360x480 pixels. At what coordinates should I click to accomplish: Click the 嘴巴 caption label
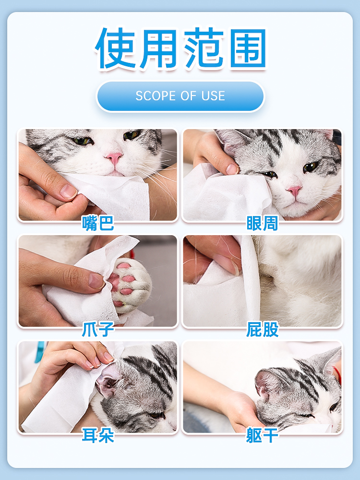98,223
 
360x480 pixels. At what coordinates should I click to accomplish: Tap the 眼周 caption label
263,223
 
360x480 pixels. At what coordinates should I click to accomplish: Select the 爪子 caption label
98,329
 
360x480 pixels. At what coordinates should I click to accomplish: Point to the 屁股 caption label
263,329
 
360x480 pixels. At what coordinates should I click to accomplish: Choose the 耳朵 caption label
98,435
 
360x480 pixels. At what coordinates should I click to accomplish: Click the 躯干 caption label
263,435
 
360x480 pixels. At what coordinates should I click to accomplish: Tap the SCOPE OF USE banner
180,96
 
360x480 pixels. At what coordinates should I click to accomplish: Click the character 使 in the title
115,48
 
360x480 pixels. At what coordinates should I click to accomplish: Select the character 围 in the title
248,48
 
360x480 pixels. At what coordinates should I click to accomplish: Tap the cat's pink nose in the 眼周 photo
294,191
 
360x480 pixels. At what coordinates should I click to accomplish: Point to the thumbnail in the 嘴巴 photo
68,192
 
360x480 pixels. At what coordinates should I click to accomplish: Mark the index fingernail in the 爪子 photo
96,281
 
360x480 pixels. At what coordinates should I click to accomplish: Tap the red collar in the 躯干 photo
337,375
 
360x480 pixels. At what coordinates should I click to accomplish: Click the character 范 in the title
204,48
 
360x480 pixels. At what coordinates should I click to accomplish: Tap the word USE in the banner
213,96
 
